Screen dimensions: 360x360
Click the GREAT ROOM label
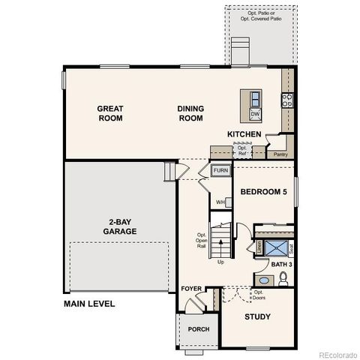[x=110, y=113]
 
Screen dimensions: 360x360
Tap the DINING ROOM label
[x=190, y=113]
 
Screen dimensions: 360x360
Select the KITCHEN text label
[x=244, y=134]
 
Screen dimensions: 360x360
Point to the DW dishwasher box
[x=255, y=114]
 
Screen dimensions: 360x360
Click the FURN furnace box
[x=220, y=171]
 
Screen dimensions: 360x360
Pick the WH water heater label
[x=220, y=202]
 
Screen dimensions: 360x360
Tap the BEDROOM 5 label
[x=263, y=192]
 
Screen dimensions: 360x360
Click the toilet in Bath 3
[x=283, y=278]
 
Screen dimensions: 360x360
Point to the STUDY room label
[x=257, y=316]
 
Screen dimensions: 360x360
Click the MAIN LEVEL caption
[x=88, y=304]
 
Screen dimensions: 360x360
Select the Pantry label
[x=280, y=154]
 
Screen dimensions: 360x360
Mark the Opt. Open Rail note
[x=201, y=238]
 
